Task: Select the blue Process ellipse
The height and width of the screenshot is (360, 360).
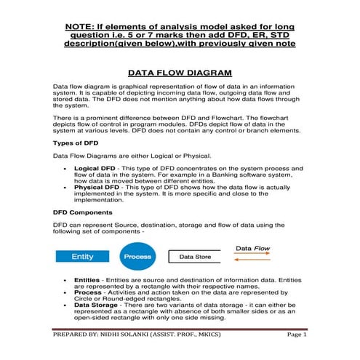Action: pos(137,257)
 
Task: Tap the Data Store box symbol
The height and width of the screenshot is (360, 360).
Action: pos(196,257)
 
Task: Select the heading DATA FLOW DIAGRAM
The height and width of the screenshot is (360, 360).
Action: pos(180,73)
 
